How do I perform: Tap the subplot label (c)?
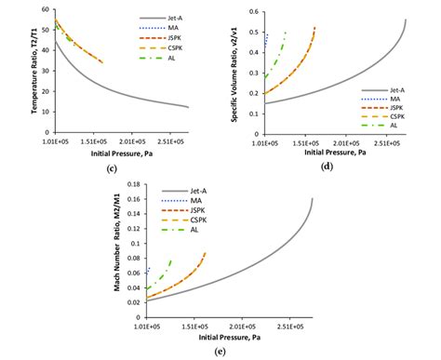112,168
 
